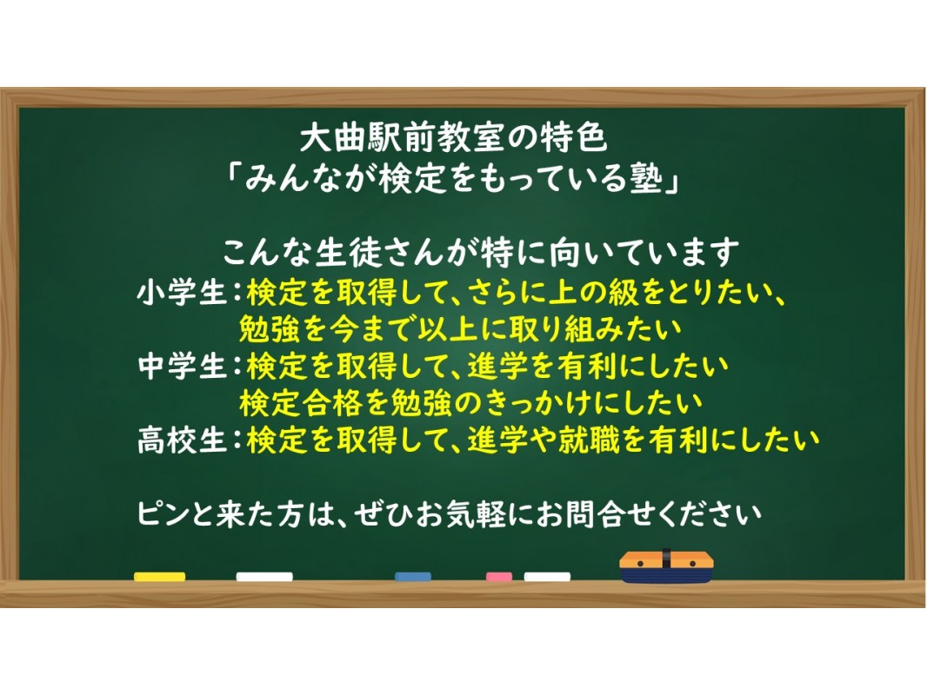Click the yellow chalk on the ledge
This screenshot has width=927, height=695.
tap(160, 576)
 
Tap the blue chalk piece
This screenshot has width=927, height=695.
tap(413, 576)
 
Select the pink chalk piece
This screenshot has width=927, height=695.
tap(499, 576)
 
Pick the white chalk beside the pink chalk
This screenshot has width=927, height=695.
tap(547, 576)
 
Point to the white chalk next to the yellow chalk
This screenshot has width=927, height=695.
tap(264, 576)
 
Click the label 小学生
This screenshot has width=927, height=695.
tap(182, 293)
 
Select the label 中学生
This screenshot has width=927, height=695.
tap(182, 366)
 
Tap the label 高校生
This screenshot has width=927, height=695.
tap(182, 440)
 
